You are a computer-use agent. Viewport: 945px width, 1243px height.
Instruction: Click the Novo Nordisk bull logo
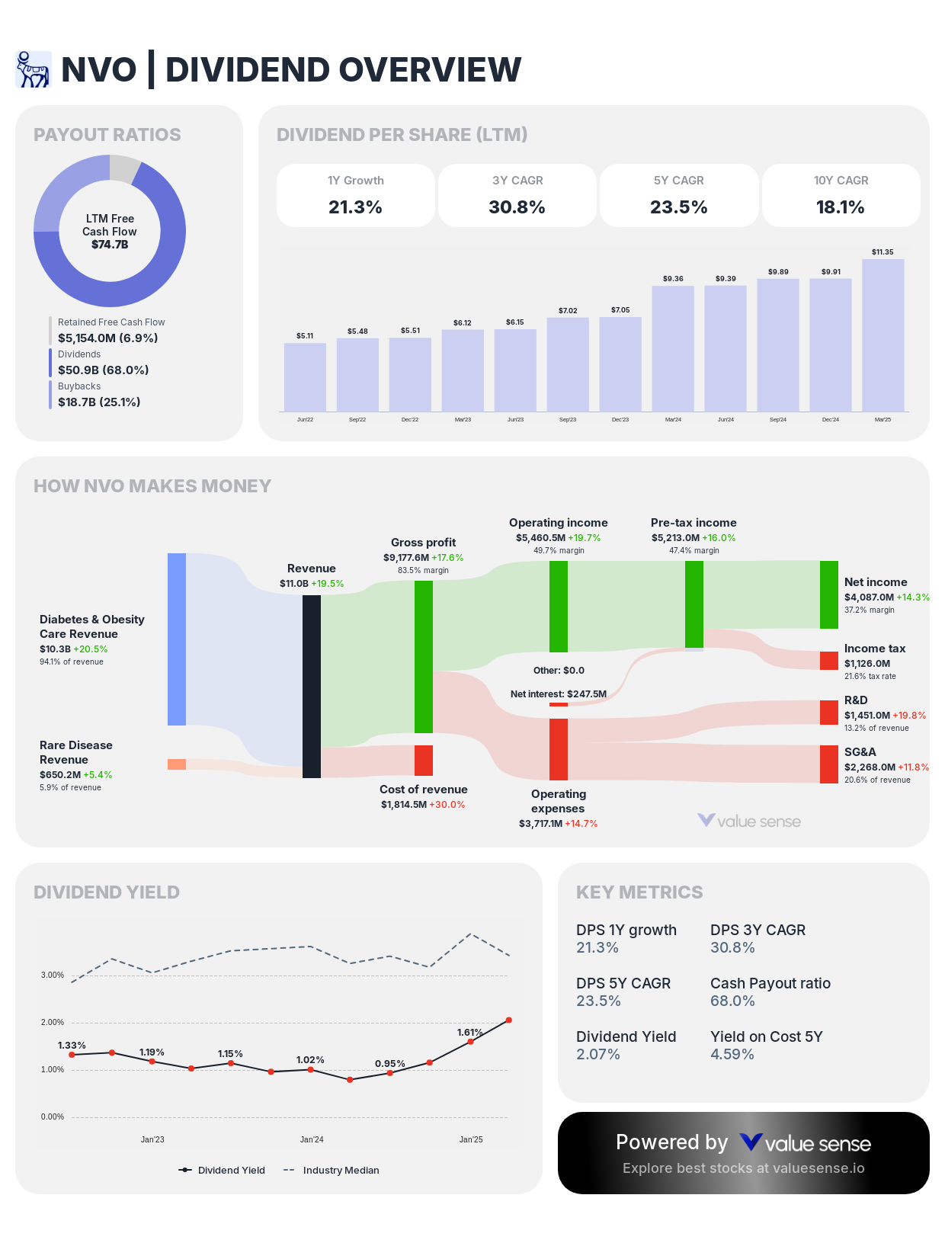(33, 69)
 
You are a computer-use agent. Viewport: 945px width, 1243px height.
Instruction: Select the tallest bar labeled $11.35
(883, 335)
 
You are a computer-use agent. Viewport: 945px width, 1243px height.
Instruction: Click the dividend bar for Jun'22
(305, 377)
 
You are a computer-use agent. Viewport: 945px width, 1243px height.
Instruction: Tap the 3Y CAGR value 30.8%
(517, 207)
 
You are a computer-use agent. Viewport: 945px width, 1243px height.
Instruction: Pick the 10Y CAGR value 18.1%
(840, 207)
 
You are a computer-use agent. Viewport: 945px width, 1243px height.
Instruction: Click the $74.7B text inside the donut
(110, 245)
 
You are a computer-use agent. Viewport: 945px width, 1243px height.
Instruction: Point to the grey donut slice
(124, 167)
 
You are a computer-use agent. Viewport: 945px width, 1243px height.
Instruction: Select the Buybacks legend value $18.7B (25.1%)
(99, 402)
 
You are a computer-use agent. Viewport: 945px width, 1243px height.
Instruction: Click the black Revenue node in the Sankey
(312, 686)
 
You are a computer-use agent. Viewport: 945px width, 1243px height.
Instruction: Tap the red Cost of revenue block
(424, 761)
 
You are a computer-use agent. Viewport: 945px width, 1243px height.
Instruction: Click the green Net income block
(828, 594)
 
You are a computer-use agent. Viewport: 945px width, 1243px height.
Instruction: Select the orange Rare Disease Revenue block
(177, 764)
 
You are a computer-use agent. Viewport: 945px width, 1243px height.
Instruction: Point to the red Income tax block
(828, 661)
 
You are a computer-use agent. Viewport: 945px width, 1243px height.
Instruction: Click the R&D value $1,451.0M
(867, 716)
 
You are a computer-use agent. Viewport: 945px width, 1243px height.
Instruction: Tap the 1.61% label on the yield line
(469, 1033)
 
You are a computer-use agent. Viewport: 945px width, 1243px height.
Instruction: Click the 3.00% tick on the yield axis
(53, 975)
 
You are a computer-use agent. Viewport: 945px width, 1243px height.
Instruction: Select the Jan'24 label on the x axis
(312, 1140)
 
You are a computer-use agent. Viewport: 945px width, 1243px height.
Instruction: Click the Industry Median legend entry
(340, 1171)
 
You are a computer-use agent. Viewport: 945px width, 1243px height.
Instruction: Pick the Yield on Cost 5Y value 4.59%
(732, 1055)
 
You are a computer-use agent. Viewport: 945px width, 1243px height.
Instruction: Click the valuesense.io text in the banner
(818, 1168)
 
